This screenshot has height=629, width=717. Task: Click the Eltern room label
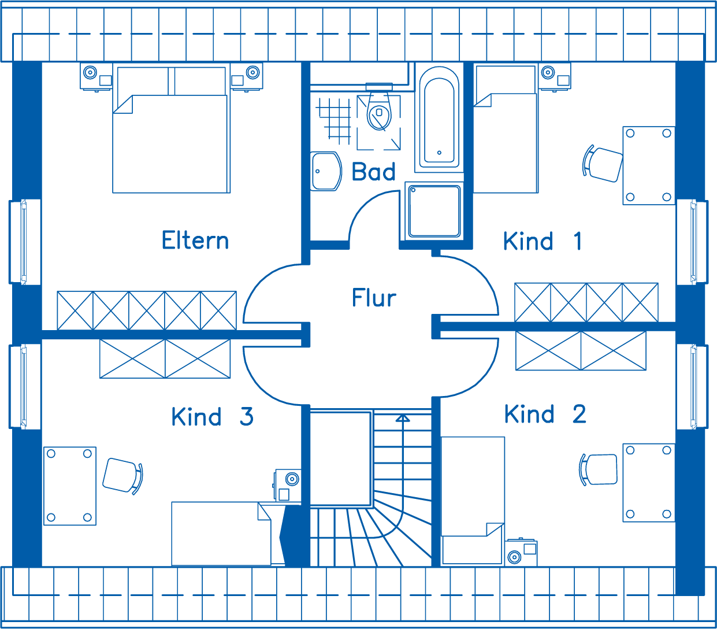(x=195, y=240)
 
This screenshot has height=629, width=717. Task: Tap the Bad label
(x=373, y=172)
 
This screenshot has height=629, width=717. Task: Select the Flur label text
(x=374, y=297)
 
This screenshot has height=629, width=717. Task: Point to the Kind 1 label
(x=543, y=241)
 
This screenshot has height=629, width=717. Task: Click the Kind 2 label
(x=545, y=414)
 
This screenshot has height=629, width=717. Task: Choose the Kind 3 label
(x=213, y=416)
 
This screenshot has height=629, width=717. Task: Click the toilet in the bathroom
(x=379, y=108)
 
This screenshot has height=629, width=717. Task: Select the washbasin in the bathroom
(x=326, y=172)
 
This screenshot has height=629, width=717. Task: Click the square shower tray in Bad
(x=434, y=211)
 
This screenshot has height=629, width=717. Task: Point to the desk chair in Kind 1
(x=603, y=164)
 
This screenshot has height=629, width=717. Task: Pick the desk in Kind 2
(x=649, y=483)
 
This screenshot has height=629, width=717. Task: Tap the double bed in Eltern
(x=172, y=128)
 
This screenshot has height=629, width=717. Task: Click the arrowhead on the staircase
(x=403, y=418)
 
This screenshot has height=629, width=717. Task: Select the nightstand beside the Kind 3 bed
(x=288, y=486)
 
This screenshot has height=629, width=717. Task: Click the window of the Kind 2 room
(x=693, y=387)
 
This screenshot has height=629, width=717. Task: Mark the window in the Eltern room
(x=25, y=242)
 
